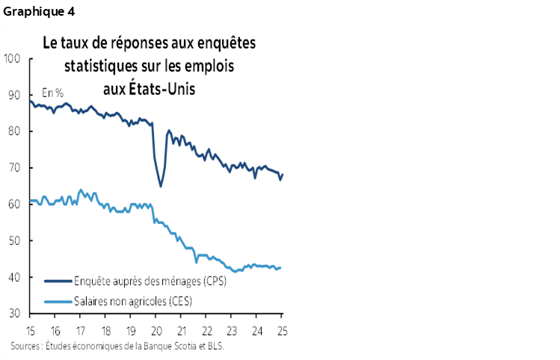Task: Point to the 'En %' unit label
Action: [x=52, y=93]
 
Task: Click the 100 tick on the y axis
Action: [x=13, y=58]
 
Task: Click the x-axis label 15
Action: [x=31, y=331]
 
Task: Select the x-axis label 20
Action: [x=156, y=331]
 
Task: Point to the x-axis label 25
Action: [x=282, y=331]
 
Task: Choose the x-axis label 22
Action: [x=206, y=331]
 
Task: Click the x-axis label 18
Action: [x=106, y=331]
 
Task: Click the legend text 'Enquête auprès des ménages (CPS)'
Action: [x=150, y=282]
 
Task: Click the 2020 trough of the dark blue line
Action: [x=160, y=186]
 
